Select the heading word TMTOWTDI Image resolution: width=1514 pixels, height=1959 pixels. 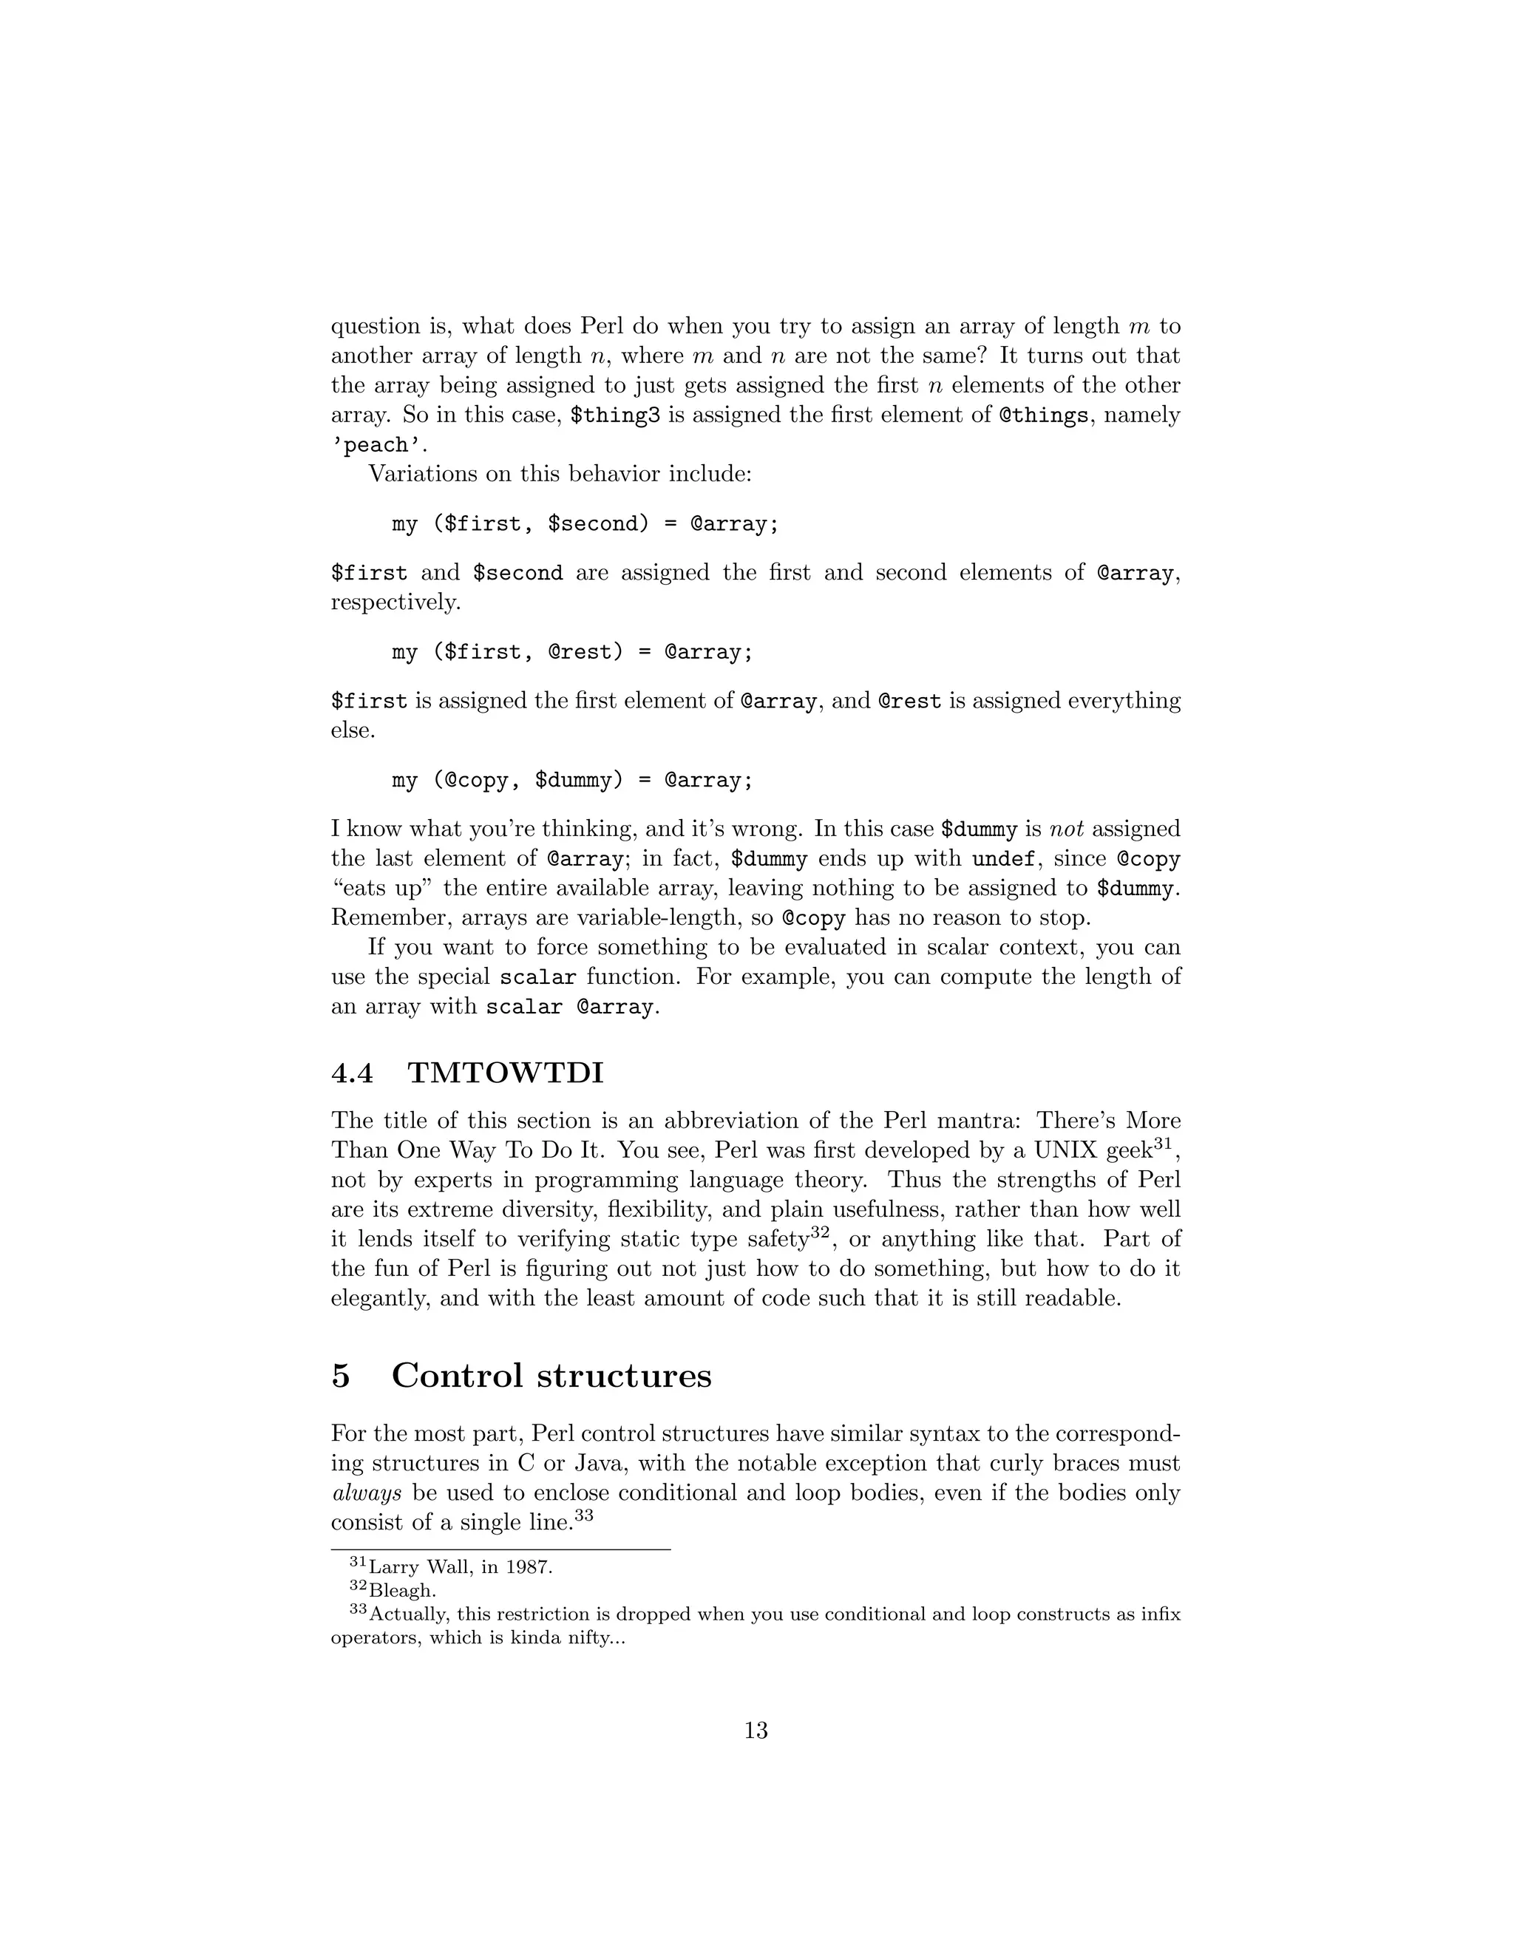[x=506, y=1073]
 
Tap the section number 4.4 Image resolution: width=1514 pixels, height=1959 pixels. [x=353, y=1073]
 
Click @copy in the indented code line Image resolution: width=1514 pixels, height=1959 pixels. [x=476, y=781]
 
